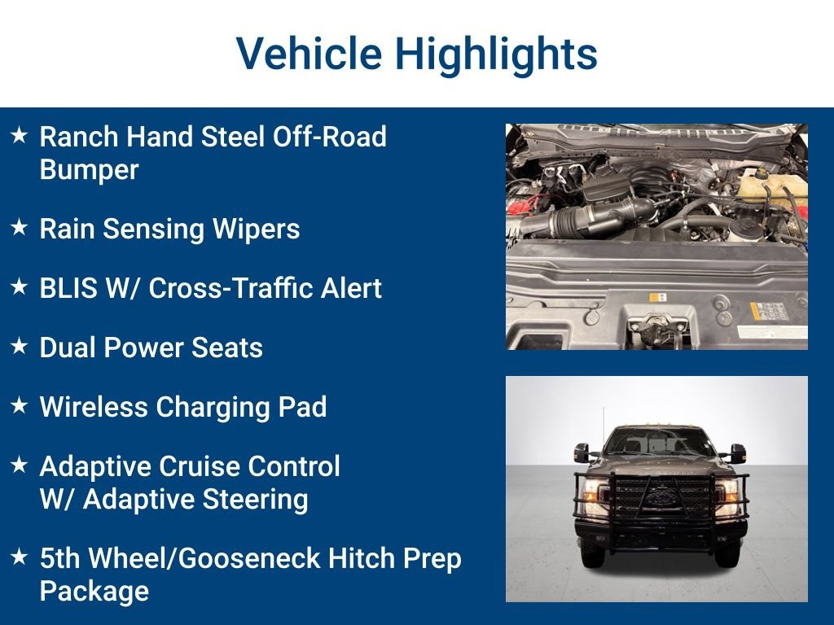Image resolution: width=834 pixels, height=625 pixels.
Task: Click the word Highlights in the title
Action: click(x=496, y=55)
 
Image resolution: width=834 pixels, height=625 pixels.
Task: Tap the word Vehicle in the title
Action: click(x=309, y=55)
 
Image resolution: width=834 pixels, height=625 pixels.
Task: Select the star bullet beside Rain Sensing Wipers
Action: click(x=20, y=229)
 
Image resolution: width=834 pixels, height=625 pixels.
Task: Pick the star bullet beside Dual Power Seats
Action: click(x=20, y=347)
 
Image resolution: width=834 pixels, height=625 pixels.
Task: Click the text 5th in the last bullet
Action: click(x=60, y=559)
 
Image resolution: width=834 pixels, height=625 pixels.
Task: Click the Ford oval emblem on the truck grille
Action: click(x=656, y=496)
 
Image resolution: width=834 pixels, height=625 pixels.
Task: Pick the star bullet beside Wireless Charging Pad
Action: click(x=20, y=406)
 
